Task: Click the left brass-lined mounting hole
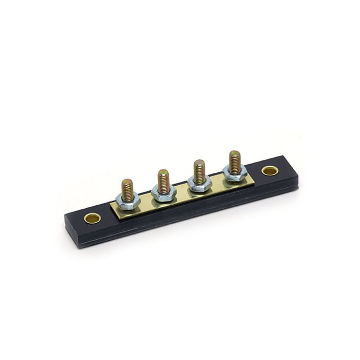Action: pos(93,218)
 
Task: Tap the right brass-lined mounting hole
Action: pos(269,170)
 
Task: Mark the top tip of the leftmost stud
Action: pos(127,181)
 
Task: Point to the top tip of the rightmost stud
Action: pos(235,153)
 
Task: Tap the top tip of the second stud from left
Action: pos(164,171)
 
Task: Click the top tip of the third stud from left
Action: pos(199,162)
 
